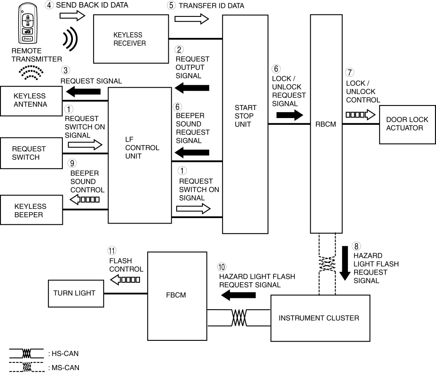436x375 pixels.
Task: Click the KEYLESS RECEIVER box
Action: click(130, 39)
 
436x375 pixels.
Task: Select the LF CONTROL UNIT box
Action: click(140, 155)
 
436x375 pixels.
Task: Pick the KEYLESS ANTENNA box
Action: click(30, 100)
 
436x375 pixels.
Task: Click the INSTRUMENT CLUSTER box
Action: click(320, 318)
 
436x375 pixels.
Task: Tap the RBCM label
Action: click(326, 124)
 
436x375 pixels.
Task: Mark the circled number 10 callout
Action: click(222, 267)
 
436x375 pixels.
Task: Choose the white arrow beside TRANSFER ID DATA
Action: click(192, 19)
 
